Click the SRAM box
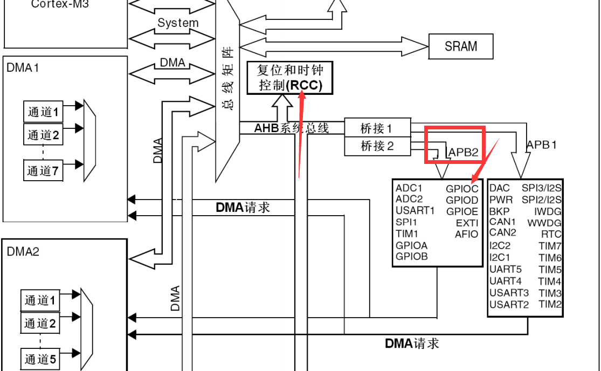[461, 46]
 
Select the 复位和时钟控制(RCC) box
[290, 78]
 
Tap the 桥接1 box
[377, 128]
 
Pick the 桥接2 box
[377, 146]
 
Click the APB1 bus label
[541, 145]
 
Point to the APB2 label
[464, 153]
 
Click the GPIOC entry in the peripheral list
[462, 189]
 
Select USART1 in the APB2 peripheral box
[415, 210]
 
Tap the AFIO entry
[466, 234]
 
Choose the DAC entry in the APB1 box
[500, 188]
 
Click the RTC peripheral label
[551, 234]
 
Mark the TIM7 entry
[550, 246]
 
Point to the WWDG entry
[544, 223]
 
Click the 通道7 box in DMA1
[43, 171]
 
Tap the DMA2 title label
[23, 251]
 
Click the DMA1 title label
[23, 68]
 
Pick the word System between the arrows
[178, 23]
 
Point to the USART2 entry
[509, 305]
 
